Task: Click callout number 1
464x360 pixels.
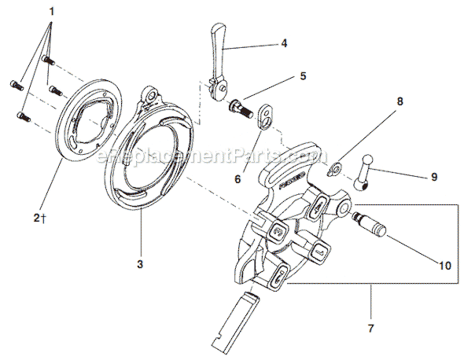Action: [x=52, y=12]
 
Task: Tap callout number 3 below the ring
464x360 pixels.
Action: [x=140, y=265]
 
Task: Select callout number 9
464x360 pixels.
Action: [x=433, y=178]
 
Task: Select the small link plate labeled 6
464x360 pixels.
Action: [x=267, y=116]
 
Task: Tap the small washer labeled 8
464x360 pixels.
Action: [x=333, y=166]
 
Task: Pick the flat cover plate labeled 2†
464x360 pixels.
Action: [x=91, y=130]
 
